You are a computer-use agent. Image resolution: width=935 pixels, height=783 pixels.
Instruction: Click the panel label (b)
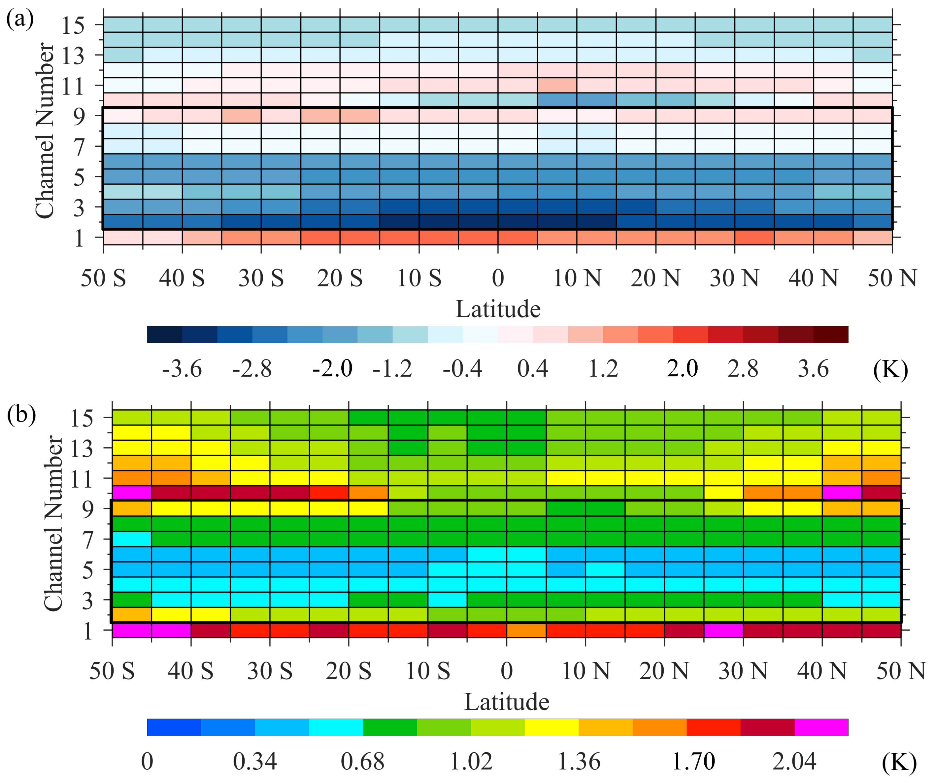click(21, 414)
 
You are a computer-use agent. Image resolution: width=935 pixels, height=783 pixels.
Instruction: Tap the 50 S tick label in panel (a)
click(103, 278)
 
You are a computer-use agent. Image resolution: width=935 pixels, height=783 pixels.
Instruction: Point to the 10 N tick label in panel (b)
click(585, 671)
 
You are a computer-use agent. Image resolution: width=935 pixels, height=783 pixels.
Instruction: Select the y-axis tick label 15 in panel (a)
click(73, 25)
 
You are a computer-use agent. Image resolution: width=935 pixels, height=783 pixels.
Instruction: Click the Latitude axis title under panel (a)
click(498, 309)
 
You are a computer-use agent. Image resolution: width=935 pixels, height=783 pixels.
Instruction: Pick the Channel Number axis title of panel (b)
click(53, 523)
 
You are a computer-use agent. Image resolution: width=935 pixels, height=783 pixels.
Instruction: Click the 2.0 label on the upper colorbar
click(682, 369)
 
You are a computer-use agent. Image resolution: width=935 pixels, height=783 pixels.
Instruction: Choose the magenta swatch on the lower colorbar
click(821, 727)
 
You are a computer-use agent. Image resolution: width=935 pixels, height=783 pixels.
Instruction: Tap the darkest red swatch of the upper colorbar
click(831, 335)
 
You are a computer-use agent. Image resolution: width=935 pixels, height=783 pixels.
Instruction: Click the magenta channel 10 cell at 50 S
click(132, 493)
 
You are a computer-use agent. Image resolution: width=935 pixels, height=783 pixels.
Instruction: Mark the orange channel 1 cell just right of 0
click(526, 630)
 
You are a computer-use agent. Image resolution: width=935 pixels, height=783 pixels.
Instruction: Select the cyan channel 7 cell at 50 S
click(132, 539)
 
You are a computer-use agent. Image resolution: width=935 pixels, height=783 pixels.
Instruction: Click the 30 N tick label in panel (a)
click(734, 278)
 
